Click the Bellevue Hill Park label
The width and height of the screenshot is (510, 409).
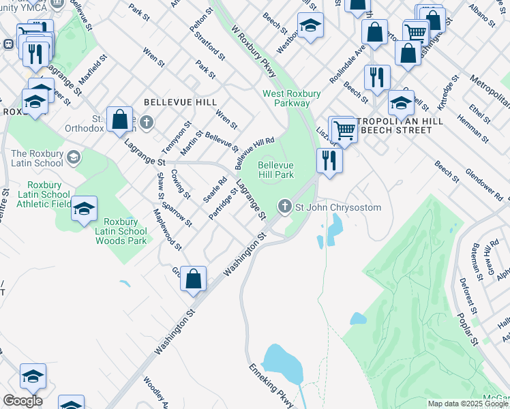point(275,170)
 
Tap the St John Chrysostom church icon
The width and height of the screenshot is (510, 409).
point(285,207)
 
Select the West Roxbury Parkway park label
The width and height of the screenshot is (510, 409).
point(286,98)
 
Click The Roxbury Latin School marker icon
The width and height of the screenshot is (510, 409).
point(73,158)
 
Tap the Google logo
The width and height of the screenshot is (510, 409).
point(22,401)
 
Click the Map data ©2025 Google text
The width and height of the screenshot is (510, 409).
point(468,404)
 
